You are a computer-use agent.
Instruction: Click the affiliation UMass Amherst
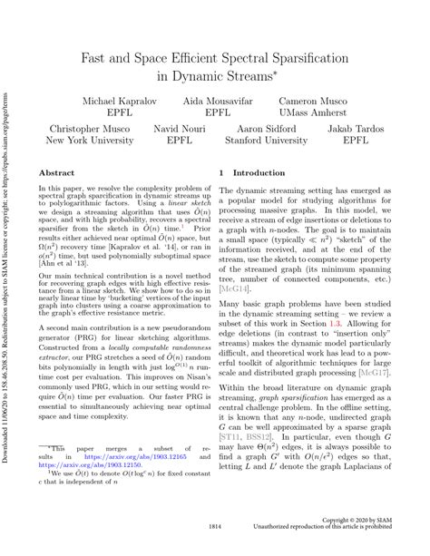(318, 114)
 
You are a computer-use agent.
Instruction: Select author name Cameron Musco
(318, 99)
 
